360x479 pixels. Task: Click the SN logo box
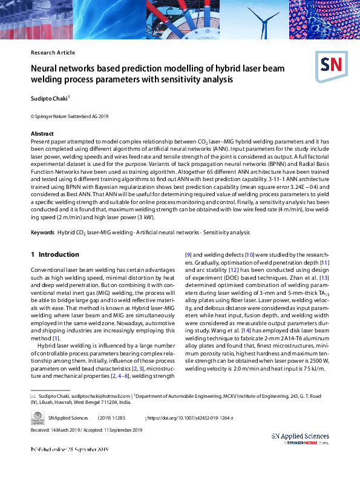(x=329, y=64)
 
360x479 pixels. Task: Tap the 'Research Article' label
(x=53, y=53)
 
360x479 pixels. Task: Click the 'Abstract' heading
(x=42, y=133)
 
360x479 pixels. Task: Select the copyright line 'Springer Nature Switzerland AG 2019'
(x=70, y=115)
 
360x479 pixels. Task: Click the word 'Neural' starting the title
(x=46, y=69)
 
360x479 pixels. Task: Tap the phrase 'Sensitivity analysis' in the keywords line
(x=227, y=233)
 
